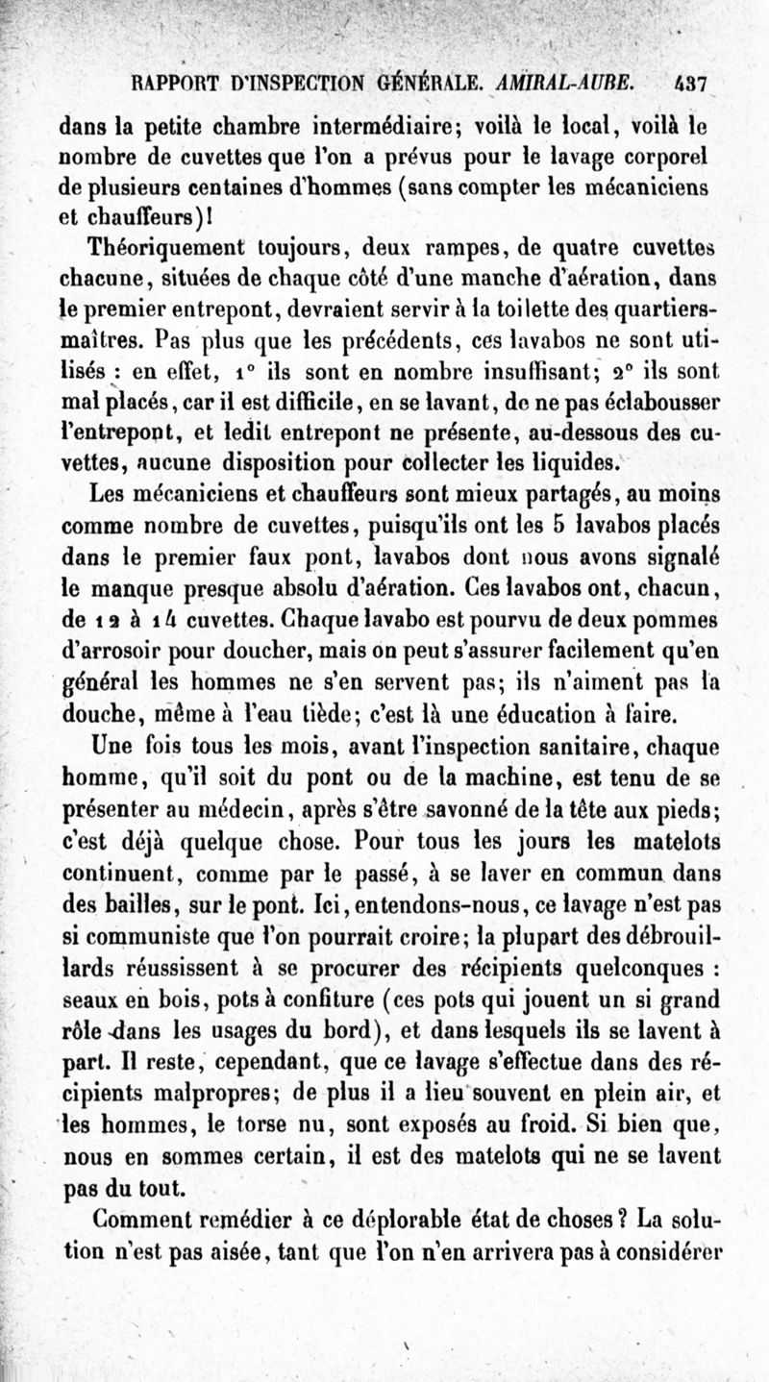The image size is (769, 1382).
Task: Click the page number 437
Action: click(690, 84)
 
